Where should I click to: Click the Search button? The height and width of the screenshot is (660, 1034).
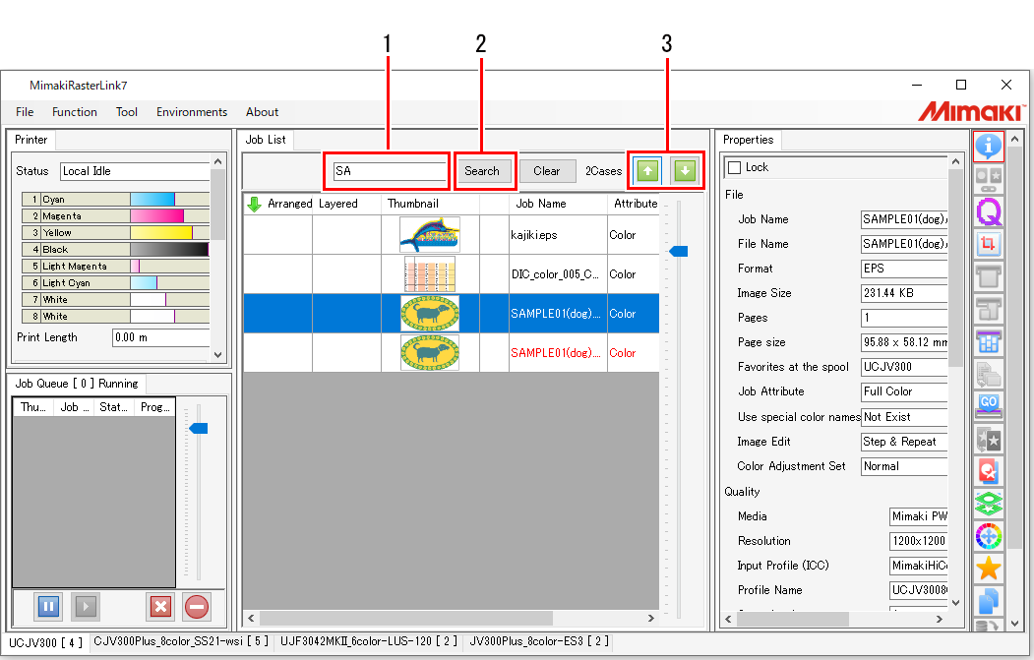click(x=482, y=171)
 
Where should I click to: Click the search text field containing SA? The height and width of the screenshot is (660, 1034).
click(x=390, y=171)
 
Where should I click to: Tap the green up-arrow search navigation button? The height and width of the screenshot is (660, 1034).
click(x=646, y=171)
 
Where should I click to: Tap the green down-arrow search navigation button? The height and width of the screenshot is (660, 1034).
click(x=685, y=171)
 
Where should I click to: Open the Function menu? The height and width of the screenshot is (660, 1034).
click(x=75, y=112)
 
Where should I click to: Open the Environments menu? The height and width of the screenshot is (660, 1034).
click(x=192, y=112)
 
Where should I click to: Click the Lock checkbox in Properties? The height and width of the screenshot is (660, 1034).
click(x=734, y=168)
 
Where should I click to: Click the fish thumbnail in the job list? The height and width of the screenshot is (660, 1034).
click(x=430, y=235)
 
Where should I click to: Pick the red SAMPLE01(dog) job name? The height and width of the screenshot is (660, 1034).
click(x=556, y=353)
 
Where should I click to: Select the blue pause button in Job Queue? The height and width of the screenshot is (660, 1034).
click(x=48, y=606)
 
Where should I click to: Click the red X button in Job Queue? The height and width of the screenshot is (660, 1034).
click(x=160, y=606)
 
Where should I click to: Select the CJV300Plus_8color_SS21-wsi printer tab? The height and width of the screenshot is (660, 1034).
click(x=178, y=642)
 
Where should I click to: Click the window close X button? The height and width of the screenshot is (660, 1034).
click(x=1005, y=85)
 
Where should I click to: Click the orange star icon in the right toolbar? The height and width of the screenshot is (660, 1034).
click(x=989, y=568)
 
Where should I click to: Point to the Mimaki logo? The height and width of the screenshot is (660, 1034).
click(x=969, y=111)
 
